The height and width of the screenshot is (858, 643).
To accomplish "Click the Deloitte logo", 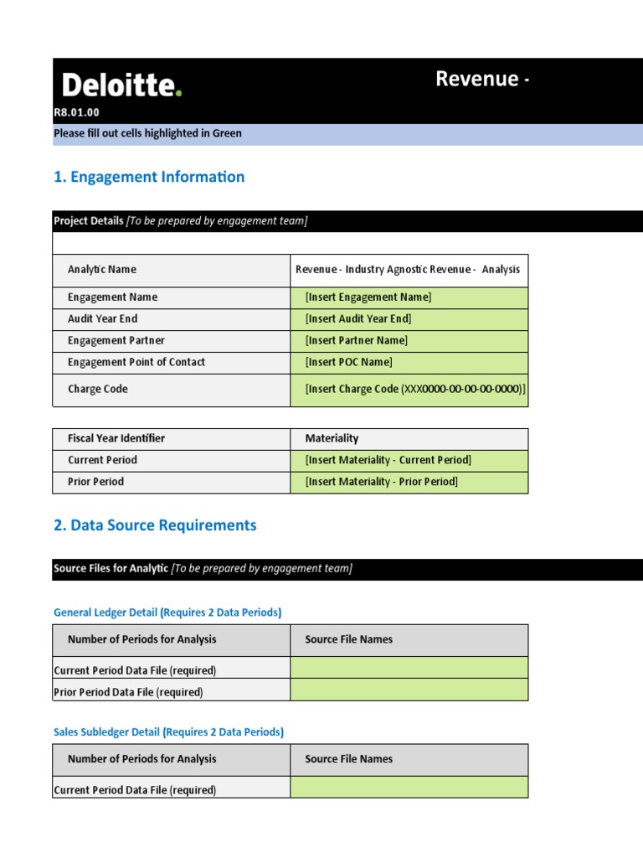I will (x=121, y=85).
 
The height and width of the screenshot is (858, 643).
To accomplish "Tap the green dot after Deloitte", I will (x=178, y=93).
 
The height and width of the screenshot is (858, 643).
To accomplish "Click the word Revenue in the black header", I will (x=476, y=79).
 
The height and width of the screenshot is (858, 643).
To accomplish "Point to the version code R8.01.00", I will (x=76, y=112).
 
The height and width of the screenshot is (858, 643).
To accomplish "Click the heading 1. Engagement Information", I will (x=149, y=177).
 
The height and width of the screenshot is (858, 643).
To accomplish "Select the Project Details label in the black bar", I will (x=88, y=221).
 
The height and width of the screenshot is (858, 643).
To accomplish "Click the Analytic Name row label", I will (x=102, y=270).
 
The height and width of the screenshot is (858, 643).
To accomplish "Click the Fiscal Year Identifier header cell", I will (x=116, y=439).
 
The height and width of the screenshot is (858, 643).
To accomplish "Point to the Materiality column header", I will (x=332, y=439).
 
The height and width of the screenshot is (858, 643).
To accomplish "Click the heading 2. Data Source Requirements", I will (x=155, y=525).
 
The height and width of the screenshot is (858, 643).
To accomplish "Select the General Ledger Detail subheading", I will (x=167, y=612).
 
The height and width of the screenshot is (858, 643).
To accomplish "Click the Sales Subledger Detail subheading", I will (x=168, y=732).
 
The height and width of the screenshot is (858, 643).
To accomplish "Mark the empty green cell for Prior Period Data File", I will (x=409, y=690).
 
